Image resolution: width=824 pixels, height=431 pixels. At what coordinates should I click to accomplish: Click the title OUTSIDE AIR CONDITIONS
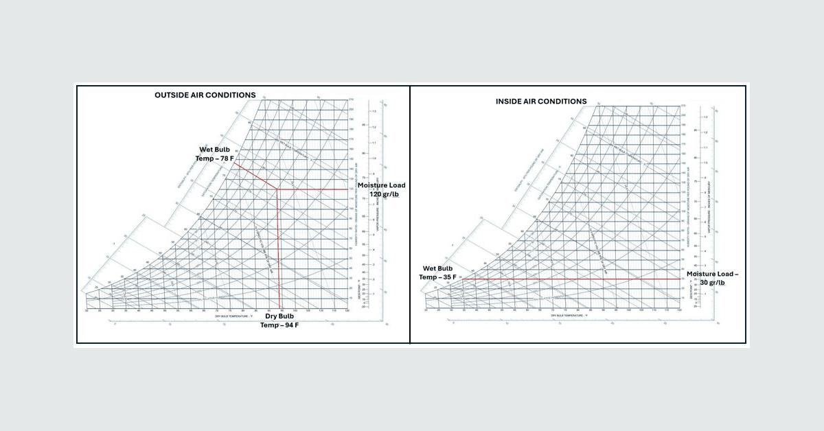pyautogui.click(x=205, y=95)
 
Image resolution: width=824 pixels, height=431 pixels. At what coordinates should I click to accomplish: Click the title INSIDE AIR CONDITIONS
pyautogui.click(x=541, y=102)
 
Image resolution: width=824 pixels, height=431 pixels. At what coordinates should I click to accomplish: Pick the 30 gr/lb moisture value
pyautogui.click(x=712, y=283)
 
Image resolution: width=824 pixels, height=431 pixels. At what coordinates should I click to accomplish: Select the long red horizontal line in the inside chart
pyautogui.click(x=570, y=279)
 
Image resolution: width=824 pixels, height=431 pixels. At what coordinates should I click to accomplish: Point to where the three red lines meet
pyautogui.click(x=277, y=189)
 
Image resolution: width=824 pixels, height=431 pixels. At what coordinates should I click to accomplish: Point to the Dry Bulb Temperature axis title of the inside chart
pyautogui.click(x=551, y=316)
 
